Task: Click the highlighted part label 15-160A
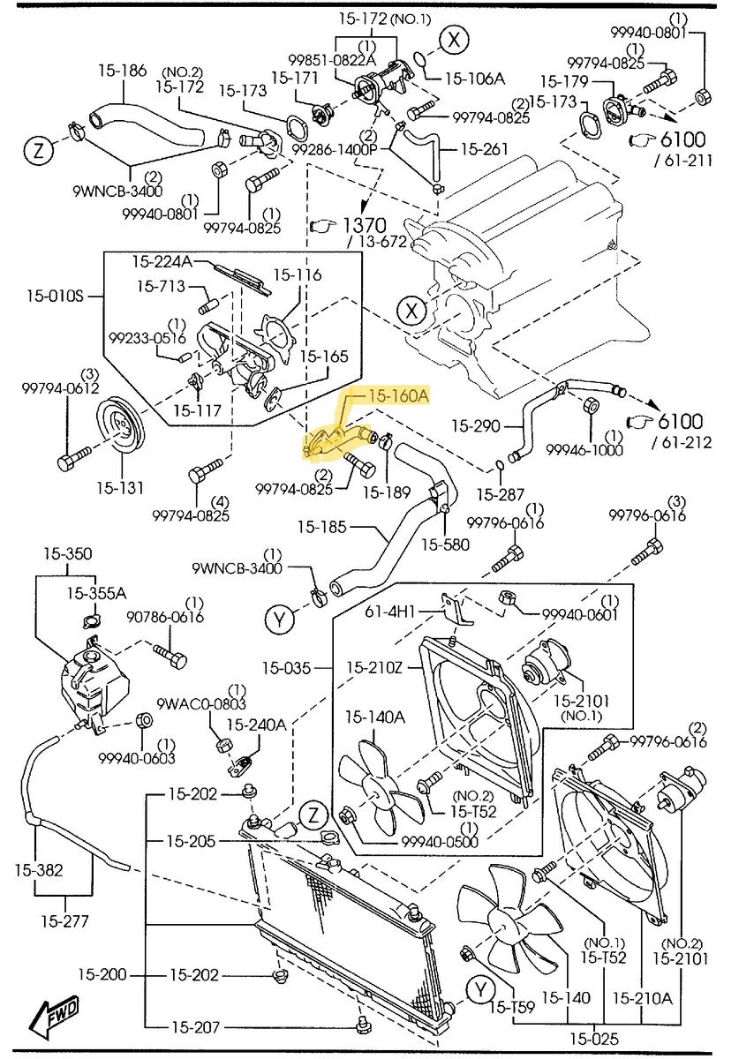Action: tap(398, 397)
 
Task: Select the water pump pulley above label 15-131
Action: tap(121, 430)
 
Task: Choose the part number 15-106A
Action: tap(474, 79)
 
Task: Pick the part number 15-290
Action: tap(480, 425)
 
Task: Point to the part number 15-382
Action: tap(38, 870)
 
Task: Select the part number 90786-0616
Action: tap(165, 619)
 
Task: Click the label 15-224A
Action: tap(162, 261)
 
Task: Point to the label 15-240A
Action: tap(257, 725)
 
